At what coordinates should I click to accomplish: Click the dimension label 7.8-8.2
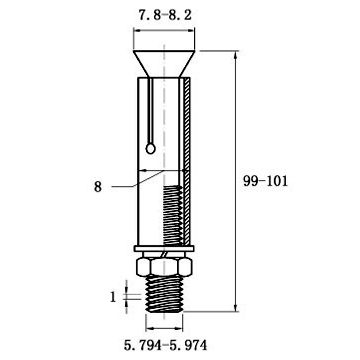165,15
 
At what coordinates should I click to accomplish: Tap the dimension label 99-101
265,181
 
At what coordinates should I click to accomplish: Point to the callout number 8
98,186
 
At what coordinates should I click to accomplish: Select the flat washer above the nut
164,248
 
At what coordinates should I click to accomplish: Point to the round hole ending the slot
151,148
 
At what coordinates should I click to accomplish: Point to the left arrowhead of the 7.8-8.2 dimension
137,31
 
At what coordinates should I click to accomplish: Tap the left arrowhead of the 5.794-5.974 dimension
149,327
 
